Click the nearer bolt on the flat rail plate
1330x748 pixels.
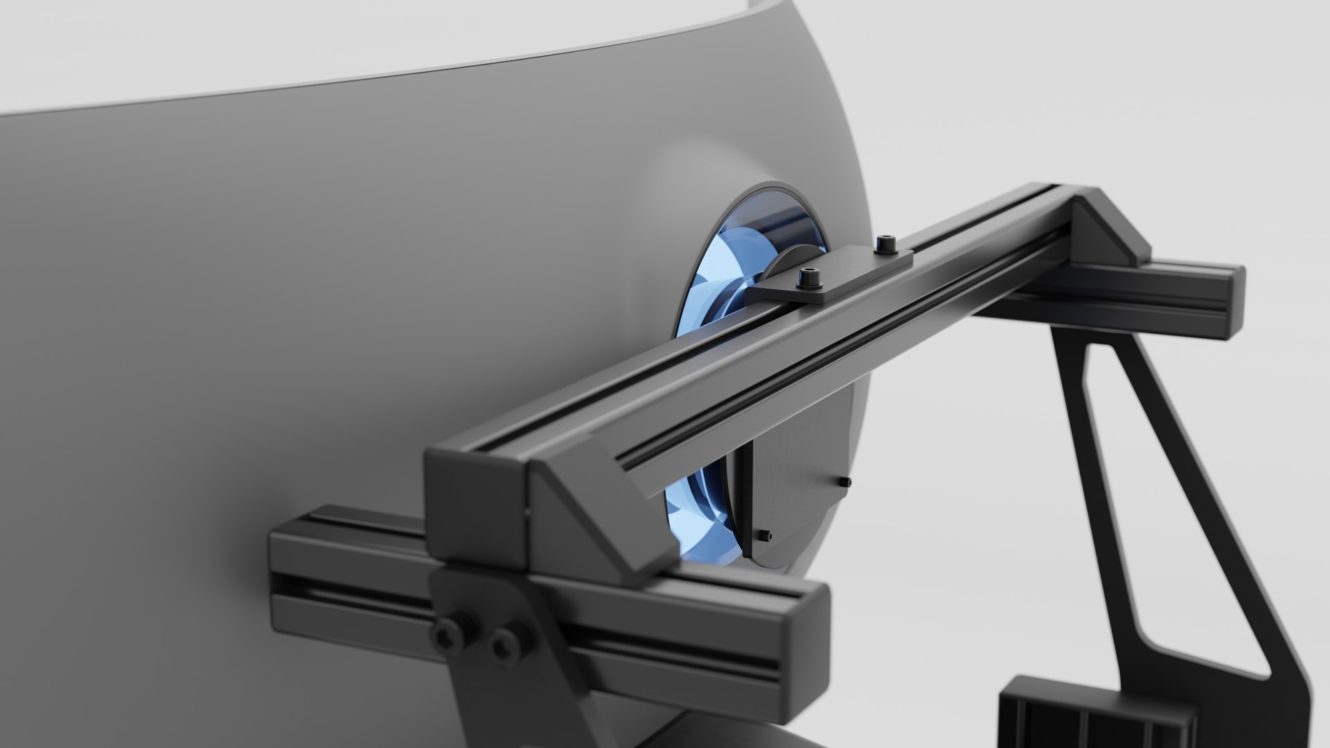808,278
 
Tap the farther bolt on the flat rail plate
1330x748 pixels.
885,244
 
